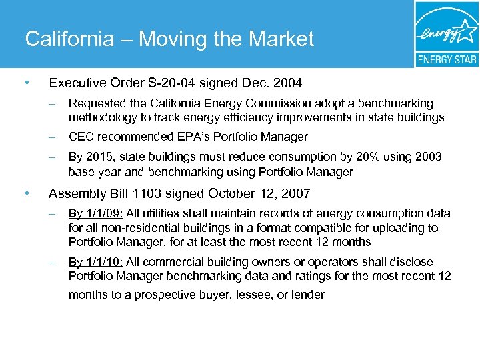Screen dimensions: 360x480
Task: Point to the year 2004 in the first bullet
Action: (x=287, y=83)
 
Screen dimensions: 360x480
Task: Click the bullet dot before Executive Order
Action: (x=26, y=83)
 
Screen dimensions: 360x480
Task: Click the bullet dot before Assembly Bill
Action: (x=26, y=194)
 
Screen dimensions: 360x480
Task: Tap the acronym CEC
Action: (x=81, y=137)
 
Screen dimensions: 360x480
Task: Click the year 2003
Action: (x=428, y=157)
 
